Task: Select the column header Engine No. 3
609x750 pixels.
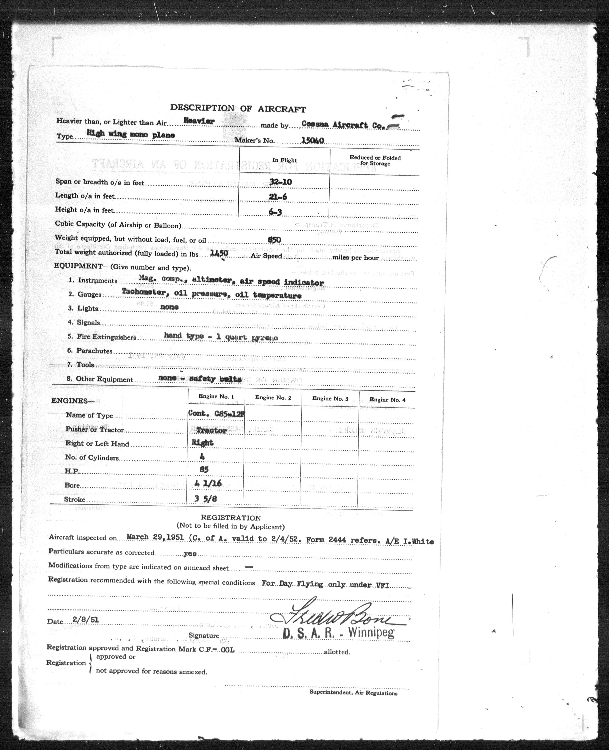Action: pyautogui.click(x=330, y=398)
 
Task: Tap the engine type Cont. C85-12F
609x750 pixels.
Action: pyautogui.click(x=216, y=414)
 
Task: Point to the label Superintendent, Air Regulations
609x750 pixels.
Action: pyautogui.click(x=353, y=693)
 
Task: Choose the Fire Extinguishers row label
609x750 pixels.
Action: pyautogui.click(x=106, y=337)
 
